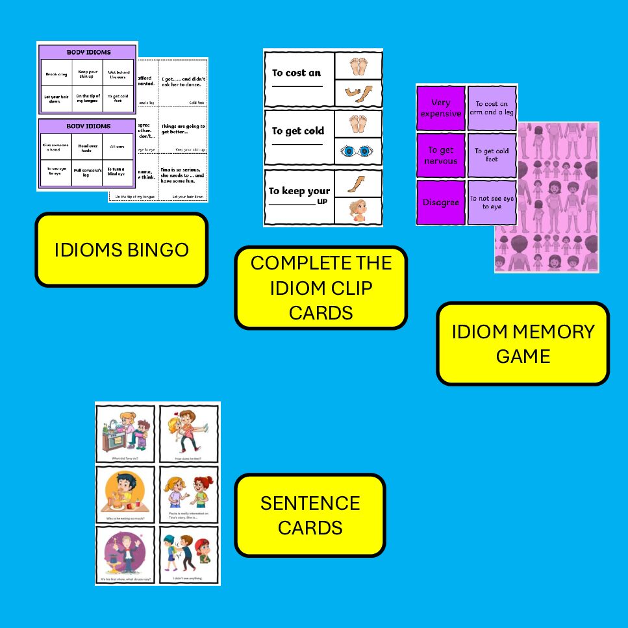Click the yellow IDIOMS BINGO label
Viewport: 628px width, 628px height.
coord(121,250)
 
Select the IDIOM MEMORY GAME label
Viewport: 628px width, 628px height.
coord(523,344)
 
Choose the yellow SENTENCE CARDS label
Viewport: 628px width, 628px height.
coord(310,515)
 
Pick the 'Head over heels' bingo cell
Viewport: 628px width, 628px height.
coord(88,149)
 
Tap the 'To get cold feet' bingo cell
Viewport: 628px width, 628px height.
coord(119,98)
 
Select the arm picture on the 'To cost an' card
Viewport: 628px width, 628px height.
coord(358,92)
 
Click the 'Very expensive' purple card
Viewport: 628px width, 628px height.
coord(441,108)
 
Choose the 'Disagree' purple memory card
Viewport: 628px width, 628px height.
coord(441,203)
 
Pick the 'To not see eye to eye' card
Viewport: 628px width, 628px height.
coord(492,203)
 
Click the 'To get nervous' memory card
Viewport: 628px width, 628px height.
coord(441,155)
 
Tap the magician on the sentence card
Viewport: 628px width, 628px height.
coord(125,551)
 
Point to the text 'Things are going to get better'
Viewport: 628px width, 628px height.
coord(183,131)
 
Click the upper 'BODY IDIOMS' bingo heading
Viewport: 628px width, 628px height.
coord(88,51)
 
